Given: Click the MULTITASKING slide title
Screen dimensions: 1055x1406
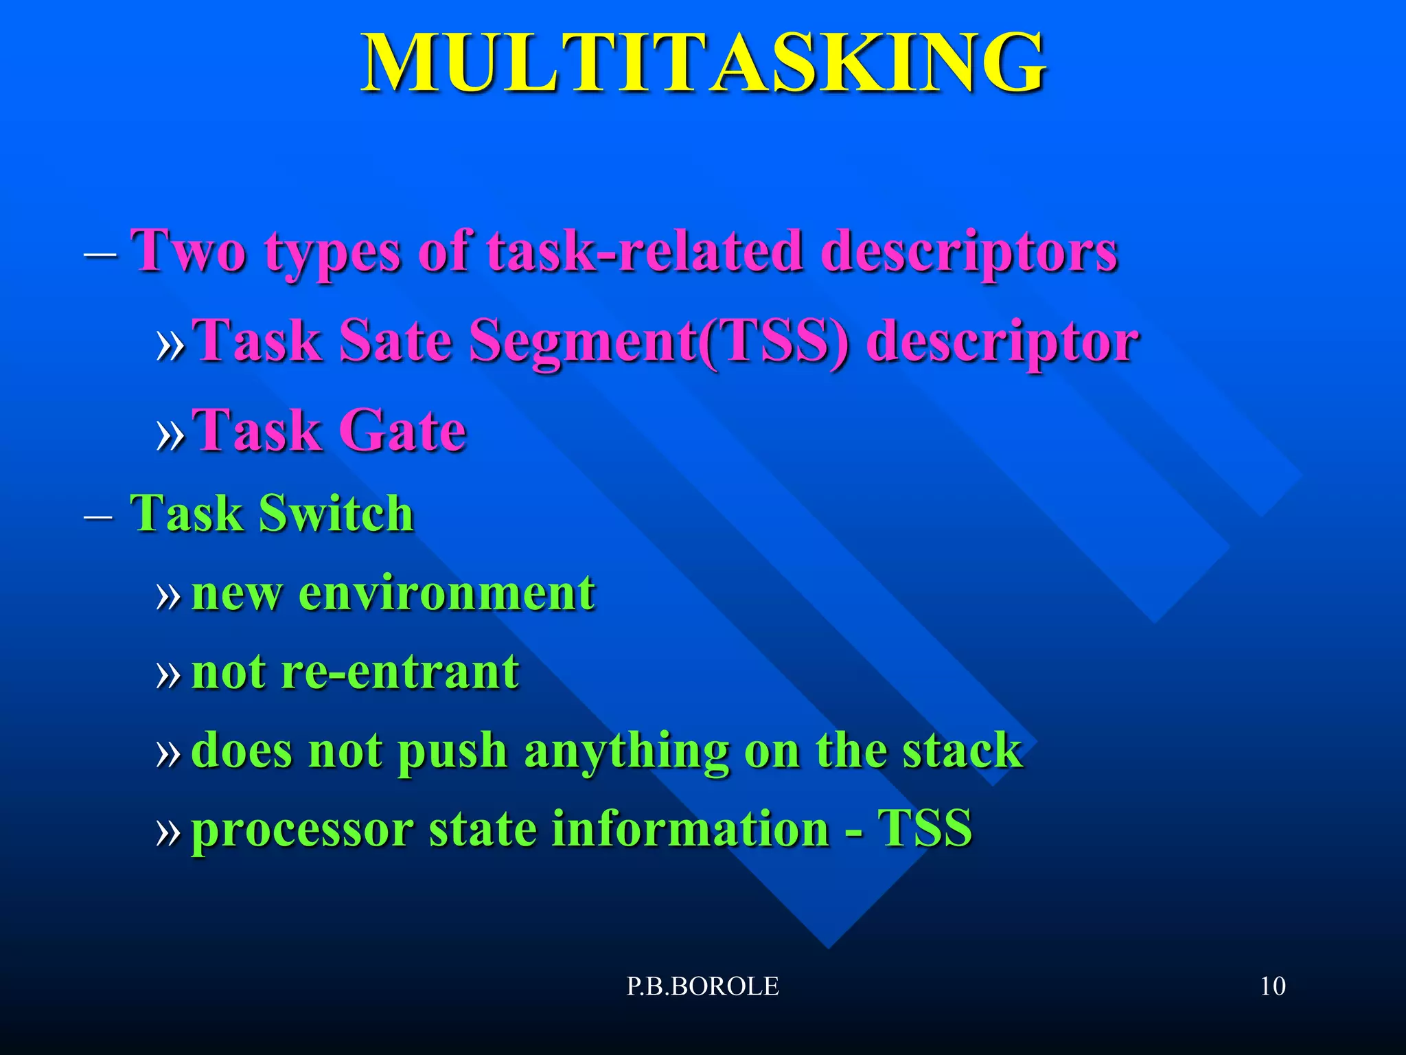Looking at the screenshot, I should tap(703, 63).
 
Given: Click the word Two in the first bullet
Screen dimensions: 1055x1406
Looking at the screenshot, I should tap(189, 251).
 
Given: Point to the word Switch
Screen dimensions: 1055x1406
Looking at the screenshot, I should tap(336, 513).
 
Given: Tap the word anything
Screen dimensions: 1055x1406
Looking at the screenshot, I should tap(626, 751).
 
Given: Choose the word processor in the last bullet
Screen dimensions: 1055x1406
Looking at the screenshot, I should tap(302, 829).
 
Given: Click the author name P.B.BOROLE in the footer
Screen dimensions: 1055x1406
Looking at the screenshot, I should tap(702, 986).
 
